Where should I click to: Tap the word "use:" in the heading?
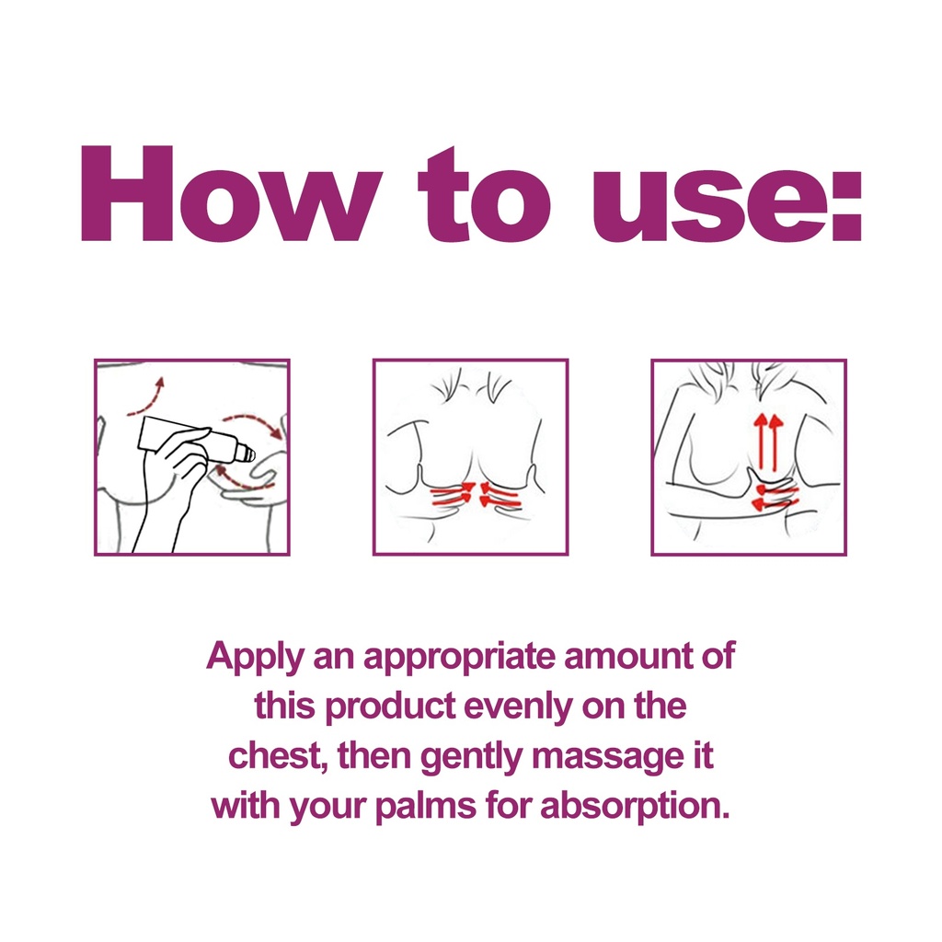(x=727, y=206)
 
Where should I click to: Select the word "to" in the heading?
(x=484, y=195)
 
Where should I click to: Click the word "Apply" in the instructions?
(x=256, y=658)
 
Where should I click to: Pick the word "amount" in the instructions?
(x=627, y=657)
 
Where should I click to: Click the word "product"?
(x=390, y=707)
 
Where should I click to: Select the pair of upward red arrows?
(x=768, y=442)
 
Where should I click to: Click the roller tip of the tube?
(x=246, y=454)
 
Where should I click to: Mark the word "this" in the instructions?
(x=285, y=706)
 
